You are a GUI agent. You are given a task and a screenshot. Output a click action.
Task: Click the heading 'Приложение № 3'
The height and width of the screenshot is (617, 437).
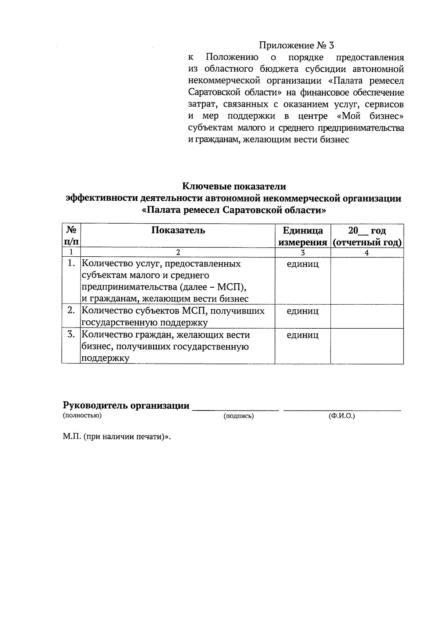(296, 45)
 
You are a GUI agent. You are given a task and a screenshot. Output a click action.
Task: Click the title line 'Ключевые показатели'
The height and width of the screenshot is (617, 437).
(234, 187)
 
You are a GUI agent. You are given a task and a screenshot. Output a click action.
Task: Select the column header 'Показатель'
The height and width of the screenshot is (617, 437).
(178, 231)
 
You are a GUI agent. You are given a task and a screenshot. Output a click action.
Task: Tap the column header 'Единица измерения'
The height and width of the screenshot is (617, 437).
(303, 236)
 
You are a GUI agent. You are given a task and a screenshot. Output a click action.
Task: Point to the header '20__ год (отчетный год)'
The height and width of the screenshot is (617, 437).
(367, 236)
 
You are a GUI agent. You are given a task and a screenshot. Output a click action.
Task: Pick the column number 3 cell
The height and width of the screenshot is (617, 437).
(303, 253)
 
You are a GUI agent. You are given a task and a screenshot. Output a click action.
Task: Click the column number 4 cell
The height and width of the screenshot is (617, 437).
(367, 253)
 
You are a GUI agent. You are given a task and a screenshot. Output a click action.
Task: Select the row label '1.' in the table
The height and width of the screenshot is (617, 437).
(71, 263)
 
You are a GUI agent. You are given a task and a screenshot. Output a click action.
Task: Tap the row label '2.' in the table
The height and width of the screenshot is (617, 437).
(71, 310)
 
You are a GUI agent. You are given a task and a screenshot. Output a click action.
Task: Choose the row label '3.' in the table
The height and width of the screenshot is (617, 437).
(71, 334)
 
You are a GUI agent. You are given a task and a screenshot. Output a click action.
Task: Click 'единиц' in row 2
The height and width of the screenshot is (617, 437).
(303, 311)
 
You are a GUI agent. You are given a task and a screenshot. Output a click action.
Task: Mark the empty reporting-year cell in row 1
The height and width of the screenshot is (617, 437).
(367, 281)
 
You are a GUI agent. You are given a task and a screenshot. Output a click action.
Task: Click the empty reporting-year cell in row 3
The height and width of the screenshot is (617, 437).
(367, 346)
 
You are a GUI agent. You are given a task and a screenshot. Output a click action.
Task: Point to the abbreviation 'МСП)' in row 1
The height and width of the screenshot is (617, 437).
(232, 287)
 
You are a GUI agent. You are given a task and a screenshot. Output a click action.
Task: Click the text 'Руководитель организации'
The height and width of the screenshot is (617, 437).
(126, 405)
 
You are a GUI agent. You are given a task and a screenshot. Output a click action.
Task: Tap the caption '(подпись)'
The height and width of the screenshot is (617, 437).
(239, 416)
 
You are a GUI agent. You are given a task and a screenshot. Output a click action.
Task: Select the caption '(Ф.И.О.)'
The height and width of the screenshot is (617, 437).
(341, 416)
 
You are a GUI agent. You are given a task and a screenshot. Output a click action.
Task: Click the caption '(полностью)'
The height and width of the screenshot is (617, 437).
(82, 415)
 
